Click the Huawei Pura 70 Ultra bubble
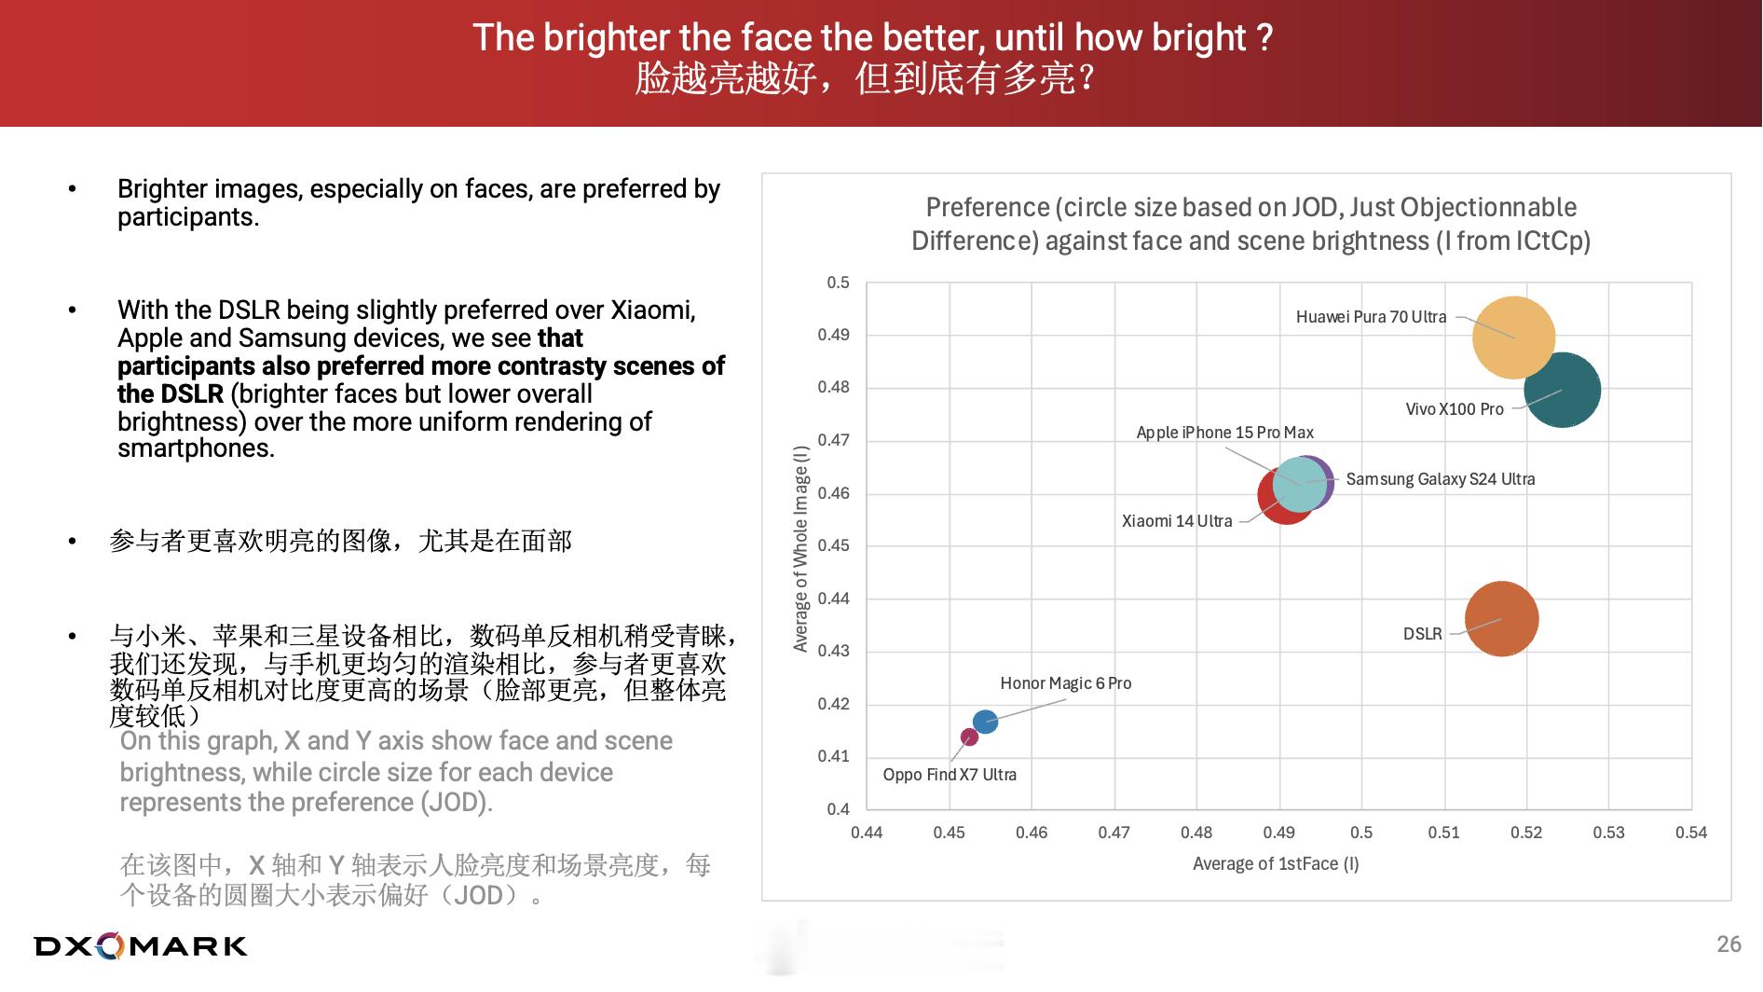1513,338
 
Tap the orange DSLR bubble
1501,619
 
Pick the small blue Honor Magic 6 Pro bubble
985,722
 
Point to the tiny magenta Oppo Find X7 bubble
969,737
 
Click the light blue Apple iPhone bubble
1299,484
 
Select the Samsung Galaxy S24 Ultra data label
1441,479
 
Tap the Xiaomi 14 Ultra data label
1177,521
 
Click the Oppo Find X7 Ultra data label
950,775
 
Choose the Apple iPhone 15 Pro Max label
1224,433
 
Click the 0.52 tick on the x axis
1526,833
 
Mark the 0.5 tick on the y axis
838,282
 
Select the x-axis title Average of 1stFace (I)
1276,864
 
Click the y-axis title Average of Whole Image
800,548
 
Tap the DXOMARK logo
141,946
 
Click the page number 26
1729,944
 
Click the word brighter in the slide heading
607,38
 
